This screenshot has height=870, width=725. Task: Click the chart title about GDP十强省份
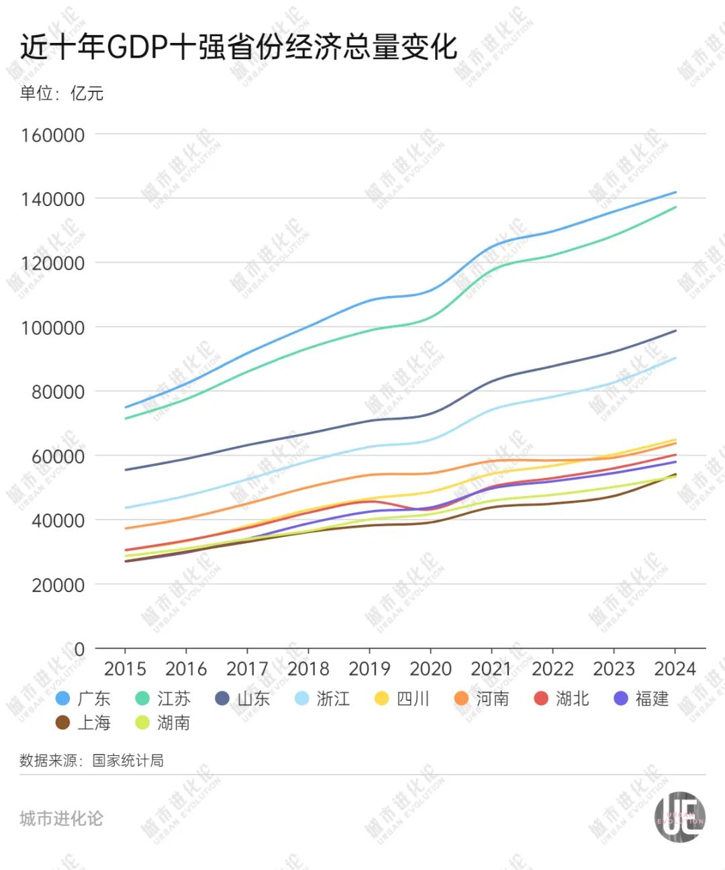point(238,47)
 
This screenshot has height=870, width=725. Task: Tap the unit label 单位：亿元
point(62,93)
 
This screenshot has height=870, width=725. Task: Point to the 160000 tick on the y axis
point(53,135)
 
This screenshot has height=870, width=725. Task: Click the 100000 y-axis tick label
point(53,328)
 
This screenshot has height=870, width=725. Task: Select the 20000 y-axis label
point(58,585)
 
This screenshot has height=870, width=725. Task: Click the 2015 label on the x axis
point(125,669)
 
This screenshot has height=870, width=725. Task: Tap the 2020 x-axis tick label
point(430,669)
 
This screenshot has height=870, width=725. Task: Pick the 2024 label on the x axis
point(675,669)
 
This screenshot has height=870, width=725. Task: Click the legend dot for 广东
point(63,699)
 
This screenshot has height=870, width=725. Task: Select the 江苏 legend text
point(174,699)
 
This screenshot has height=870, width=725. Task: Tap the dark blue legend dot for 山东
point(222,699)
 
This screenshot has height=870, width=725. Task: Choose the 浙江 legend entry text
point(333,699)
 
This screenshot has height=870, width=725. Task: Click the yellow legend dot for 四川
point(382,699)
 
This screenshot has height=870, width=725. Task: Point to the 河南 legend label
point(492,699)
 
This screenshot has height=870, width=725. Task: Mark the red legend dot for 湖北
point(541,699)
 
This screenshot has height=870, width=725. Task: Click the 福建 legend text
point(652,699)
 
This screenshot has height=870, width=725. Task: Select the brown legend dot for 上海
point(63,723)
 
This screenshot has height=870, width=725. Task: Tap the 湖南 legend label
point(174,723)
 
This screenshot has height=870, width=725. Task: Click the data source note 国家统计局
point(92,761)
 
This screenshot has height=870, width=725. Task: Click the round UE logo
point(679,817)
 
